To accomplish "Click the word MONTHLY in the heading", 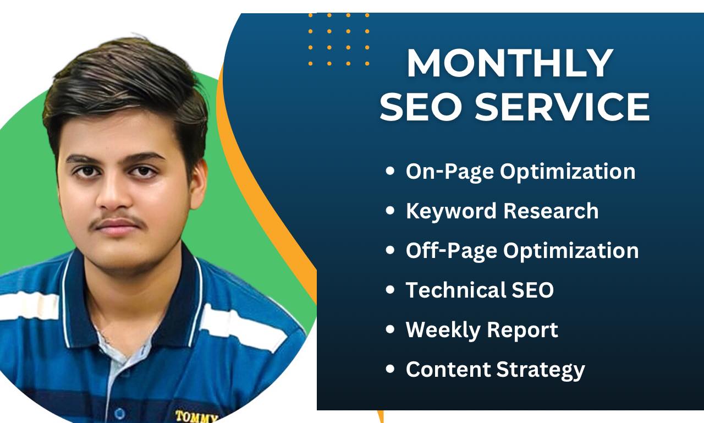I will coord(509,64).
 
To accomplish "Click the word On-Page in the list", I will coord(449,172).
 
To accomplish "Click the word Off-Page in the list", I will coord(452,251).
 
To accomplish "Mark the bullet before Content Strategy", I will coord(391,369).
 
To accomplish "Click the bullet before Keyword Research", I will coord(391,211).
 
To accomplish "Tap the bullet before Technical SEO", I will coord(391,290).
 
